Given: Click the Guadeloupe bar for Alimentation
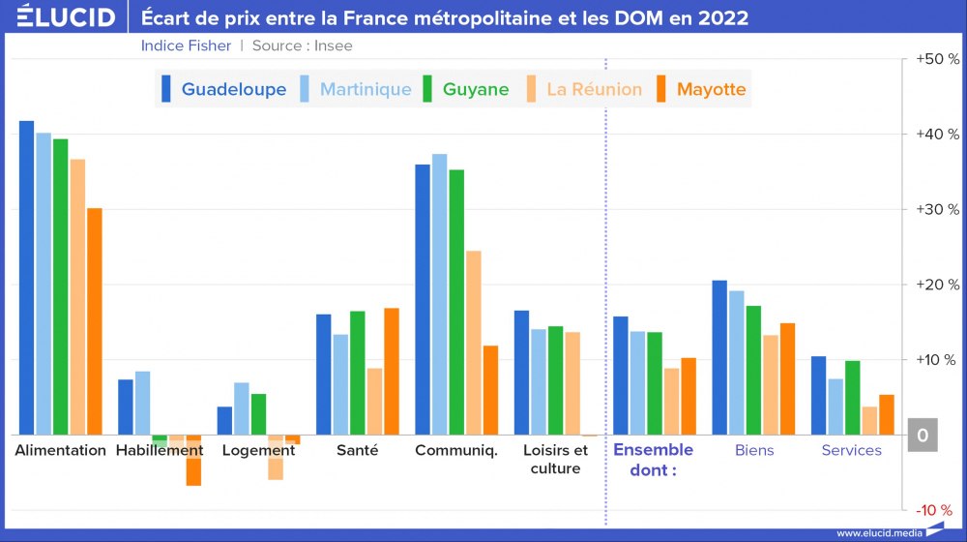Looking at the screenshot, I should click(x=27, y=278).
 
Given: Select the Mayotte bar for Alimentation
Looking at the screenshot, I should click(x=95, y=321).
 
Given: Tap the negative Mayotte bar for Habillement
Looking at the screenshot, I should click(x=193, y=460).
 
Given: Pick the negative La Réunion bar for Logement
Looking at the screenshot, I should click(x=276, y=457).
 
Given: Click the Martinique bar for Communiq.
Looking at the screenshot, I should click(x=439, y=294).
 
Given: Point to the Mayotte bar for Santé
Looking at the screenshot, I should click(x=392, y=372).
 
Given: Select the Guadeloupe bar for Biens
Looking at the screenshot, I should click(x=719, y=357).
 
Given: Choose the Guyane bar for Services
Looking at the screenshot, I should click(x=852, y=398).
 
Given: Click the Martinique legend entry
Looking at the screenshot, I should click(x=355, y=89).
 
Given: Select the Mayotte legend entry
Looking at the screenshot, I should click(x=701, y=89).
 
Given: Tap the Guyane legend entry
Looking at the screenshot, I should click(x=465, y=89).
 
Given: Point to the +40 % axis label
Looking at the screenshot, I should click(x=937, y=135).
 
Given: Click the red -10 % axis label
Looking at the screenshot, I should click(x=934, y=510).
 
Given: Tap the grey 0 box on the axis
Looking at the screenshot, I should click(x=923, y=436).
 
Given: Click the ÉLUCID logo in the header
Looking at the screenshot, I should click(x=66, y=17).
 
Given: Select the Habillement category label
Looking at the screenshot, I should click(x=160, y=450).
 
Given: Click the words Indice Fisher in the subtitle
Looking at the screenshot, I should click(x=186, y=45).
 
